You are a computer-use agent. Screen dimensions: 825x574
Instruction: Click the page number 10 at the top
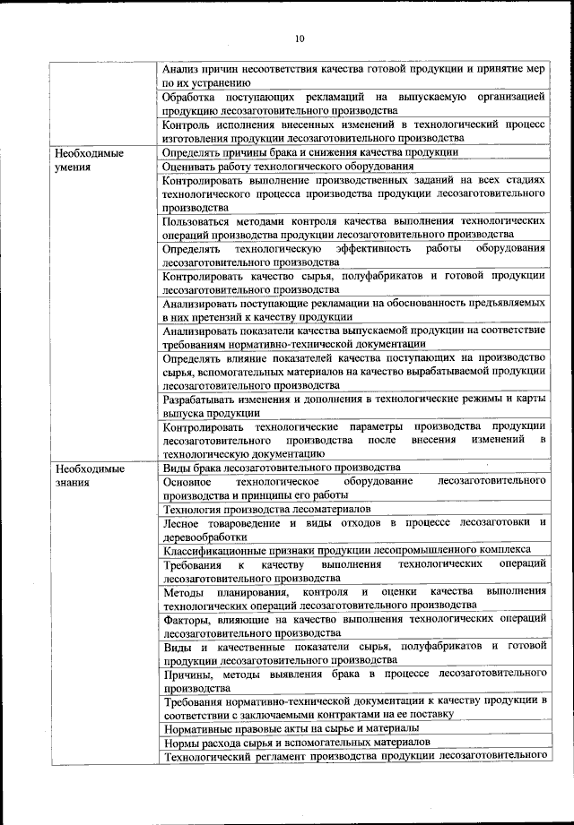click(x=299, y=39)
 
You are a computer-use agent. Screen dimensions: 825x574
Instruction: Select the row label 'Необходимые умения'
click(x=87, y=159)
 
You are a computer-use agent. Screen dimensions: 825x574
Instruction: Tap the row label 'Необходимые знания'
click(x=87, y=475)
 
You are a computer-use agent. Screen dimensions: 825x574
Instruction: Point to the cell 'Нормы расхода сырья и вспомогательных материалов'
click(x=297, y=743)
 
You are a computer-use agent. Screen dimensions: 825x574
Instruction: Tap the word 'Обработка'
click(x=191, y=96)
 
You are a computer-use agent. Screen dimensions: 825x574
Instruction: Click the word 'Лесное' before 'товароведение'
click(x=183, y=522)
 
